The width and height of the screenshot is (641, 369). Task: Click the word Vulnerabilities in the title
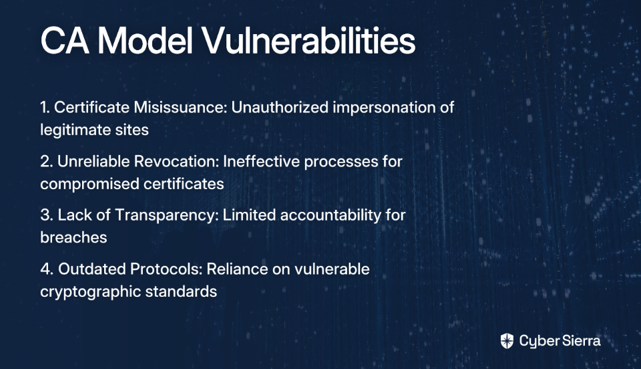[x=309, y=41]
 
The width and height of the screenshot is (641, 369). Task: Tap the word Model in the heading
[x=145, y=41]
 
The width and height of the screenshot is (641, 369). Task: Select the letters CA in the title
[x=65, y=41]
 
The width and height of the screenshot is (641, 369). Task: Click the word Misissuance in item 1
[x=180, y=107]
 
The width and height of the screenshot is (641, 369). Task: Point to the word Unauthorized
[x=280, y=107]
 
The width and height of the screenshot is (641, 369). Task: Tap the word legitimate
[x=72, y=130]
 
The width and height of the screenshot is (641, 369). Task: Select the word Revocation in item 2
[x=176, y=161]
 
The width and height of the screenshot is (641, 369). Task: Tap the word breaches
[x=73, y=237]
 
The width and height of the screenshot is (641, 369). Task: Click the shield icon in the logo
[x=507, y=341]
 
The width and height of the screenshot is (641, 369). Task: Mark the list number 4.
[x=45, y=269]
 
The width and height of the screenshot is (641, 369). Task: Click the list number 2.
[x=45, y=161]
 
